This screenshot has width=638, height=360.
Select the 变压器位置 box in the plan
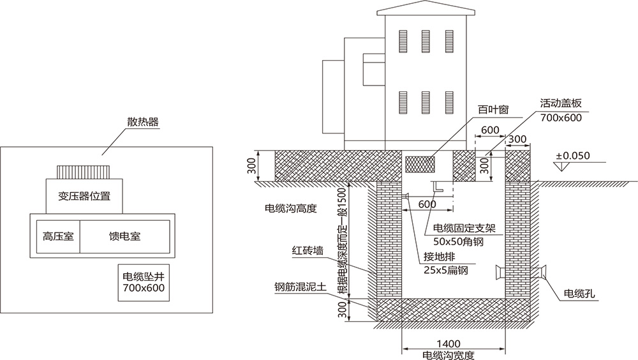pos(83,196)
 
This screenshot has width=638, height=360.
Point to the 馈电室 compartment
pos(125,236)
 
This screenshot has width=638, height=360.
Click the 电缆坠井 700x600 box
pos(144,283)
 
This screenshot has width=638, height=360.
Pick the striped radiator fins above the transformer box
pos(83,172)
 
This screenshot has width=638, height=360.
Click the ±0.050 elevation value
pos(572,155)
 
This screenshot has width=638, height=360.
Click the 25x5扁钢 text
pos(446,271)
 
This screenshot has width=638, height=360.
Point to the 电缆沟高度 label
pos(290,209)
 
